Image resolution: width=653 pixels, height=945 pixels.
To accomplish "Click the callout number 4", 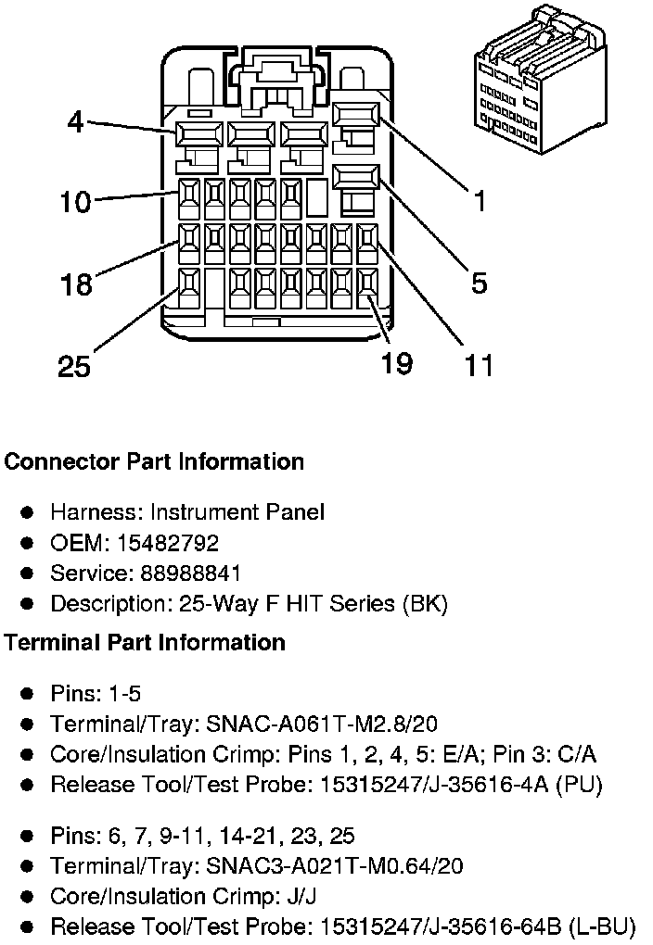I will [x=74, y=121].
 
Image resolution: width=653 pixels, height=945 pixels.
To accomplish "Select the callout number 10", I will [x=75, y=201].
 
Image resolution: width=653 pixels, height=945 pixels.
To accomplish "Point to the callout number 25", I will [x=74, y=367].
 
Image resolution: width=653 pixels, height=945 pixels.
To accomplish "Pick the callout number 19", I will [x=396, y=363].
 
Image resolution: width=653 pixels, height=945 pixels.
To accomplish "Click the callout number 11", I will [x=478, y=365].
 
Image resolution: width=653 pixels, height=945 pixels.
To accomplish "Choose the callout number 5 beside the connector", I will [x=479, y=283].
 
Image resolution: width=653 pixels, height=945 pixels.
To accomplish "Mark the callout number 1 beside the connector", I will [x=480, y=201].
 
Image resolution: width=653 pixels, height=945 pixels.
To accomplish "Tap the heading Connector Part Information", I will [x=154, y=461].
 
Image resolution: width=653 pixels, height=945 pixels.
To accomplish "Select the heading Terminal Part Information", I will [x=145, y=642].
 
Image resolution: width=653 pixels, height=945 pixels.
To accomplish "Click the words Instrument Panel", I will [x=237, y=511].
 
